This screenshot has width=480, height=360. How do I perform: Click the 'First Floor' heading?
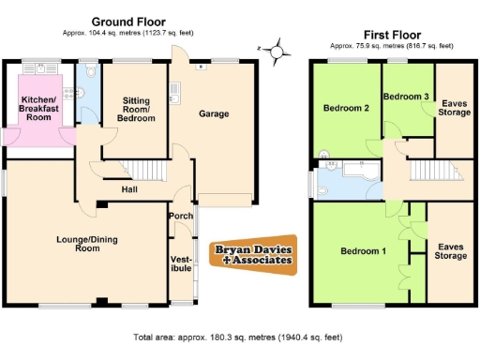(x=391, y=33)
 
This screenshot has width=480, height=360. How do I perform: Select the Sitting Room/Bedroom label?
(x=133, y=110)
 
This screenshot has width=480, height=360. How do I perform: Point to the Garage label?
(x=215, y=113)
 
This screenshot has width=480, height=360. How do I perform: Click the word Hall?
(x=131, y=190)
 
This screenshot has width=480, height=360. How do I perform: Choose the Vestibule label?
(x=181, y=263)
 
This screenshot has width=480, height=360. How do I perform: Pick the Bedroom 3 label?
(x=407, y=97)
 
